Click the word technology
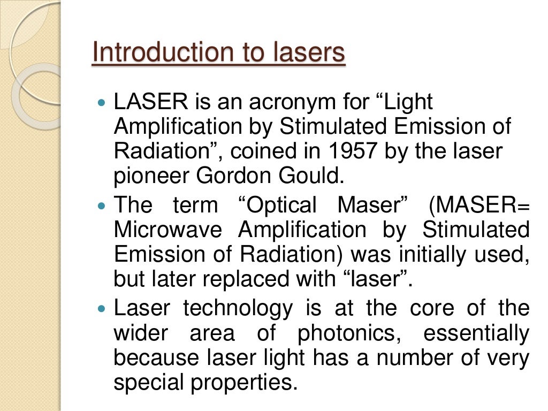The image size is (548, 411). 238,309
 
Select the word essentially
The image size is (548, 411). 476,334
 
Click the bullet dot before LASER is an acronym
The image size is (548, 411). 104,102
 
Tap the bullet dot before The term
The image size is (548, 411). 104,205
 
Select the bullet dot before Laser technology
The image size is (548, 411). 104,309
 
